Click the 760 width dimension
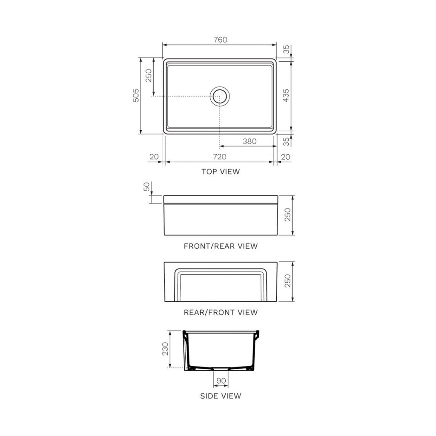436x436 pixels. coord(220,40)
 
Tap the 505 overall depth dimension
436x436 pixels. coord(135,96)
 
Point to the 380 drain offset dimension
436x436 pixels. coord(250,141)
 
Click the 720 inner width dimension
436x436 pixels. coord(219,157)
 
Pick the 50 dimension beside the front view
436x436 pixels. coord(147,186)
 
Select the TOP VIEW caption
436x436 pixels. coord(220,172)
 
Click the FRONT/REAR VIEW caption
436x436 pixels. coord(220,246)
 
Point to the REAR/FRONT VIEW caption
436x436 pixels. coord(220,312)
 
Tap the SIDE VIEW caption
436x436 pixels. coord(220,396)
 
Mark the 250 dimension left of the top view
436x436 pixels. coord(149,76)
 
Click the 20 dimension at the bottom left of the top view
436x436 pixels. coord(154,157)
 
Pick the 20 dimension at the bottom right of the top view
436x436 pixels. coord(286,157)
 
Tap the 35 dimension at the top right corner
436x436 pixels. coord(286,49)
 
